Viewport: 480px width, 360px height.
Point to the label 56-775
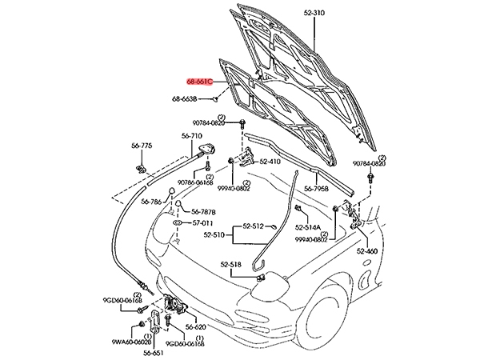142,145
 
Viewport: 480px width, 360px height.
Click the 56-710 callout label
191,137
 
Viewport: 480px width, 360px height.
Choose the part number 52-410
267,162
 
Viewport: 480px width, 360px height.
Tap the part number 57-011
202,223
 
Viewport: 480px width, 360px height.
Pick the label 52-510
215,234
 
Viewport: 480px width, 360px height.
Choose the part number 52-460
367,251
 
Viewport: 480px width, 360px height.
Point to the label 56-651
155,351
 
